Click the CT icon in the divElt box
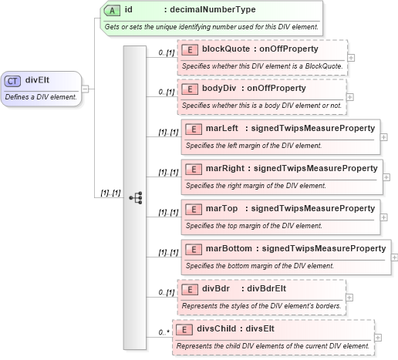[x=13, y=80]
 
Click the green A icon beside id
[x=112, y=10]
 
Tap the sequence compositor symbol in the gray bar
[x=136, y=197]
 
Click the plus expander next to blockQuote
[x=351, y=57]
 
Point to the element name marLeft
[x=222, y=128]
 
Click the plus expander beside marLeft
[x=384, y=137]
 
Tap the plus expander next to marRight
[x=386, y=177]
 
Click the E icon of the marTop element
[x=193, y=208]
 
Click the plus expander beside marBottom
[x=395, y=257]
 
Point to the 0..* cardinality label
[x=163, y=332]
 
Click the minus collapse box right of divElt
[x=85, y=89]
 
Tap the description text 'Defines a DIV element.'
[x=41, y=97]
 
